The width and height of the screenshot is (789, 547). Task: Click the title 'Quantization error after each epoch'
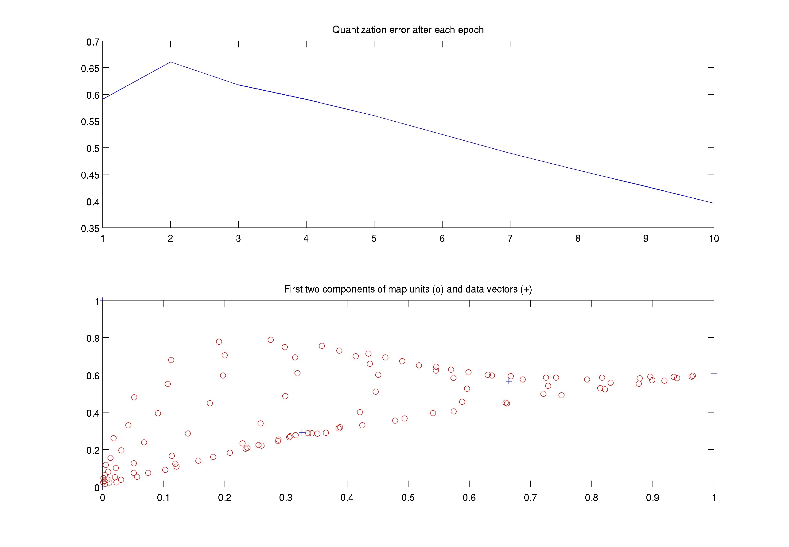(408, 30)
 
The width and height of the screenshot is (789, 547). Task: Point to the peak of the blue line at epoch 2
(171, 62)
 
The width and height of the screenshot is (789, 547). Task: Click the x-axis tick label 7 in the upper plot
(510, 239)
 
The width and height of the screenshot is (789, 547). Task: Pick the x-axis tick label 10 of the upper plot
(714, 239)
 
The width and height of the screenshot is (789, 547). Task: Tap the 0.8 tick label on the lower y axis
(93, 339)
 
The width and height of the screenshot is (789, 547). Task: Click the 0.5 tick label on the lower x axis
(408, 498)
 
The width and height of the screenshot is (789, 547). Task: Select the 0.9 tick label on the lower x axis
(653, 498)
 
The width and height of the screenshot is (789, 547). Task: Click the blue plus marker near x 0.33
(302, 432)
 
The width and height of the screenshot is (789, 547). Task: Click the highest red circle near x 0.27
(271, 340)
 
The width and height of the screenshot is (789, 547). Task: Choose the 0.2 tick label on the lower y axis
(93, 450)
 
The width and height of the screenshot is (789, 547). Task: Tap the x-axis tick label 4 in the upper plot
(306, 239)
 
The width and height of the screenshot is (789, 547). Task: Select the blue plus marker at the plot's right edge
(714, 374)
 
